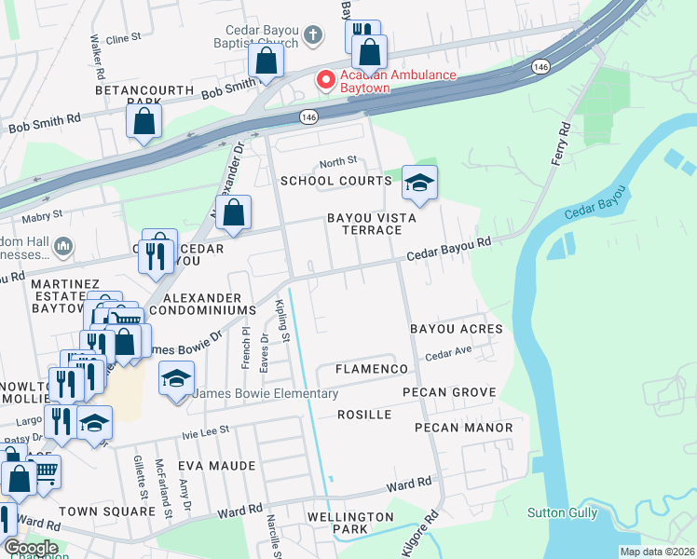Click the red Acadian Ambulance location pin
tap(326, 80)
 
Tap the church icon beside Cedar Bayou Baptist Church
tap(314, 36)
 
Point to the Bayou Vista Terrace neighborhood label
tap(363, 224)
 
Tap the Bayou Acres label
tap(456, 329)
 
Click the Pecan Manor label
tap(463, 428)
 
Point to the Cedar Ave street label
tap(445, 356)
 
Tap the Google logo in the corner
tap(30, 548)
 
